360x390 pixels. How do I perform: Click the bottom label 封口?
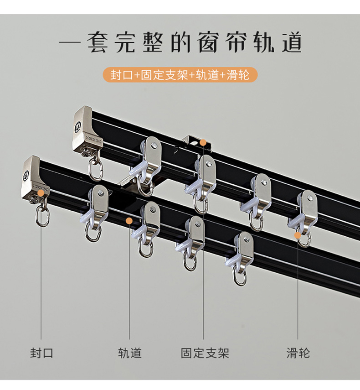[42, 353]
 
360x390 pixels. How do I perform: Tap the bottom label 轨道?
[130, 353]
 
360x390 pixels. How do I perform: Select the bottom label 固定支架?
[205, 353]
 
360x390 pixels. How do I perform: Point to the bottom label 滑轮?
[298, 353]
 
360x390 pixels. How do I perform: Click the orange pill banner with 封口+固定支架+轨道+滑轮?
[180, 75]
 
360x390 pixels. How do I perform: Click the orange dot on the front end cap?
[41, 193]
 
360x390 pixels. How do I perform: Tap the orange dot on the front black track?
[129, 221]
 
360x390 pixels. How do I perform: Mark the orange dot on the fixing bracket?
[203, 142]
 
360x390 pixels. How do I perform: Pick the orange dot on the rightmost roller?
[298, 235]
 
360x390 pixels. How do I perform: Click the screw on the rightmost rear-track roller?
[309, 198]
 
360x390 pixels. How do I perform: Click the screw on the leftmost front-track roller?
[100, 192]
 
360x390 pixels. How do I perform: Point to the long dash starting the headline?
[70, 42]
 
